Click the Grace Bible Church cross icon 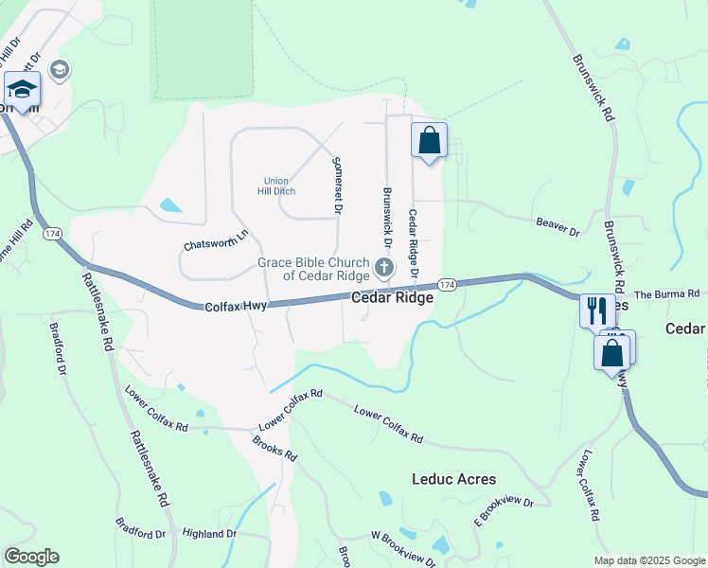pos(384,267)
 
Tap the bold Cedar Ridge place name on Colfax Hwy pos(393,297)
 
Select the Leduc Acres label pos(453,479)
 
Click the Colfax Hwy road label pos(236,306)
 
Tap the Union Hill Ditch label pos(275,186)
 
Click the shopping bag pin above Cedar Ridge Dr pos(429,140)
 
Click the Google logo pos(30,557)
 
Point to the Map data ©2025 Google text pos(648,560)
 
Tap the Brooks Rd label pos(274,449)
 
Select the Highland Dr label pos(209,534)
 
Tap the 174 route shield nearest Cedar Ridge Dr pos(447,284)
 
